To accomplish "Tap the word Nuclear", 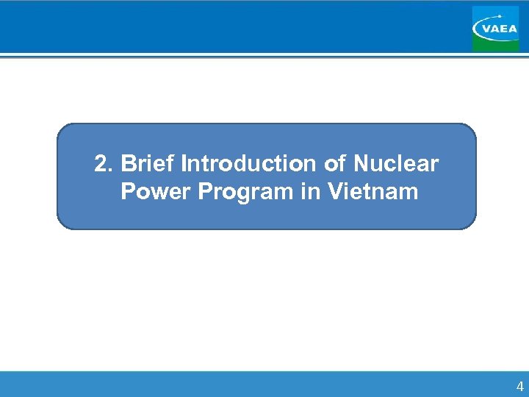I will pyautogui.click(x=396, y=163).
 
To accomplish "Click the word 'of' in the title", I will pyautogui.click(x=336, y=163).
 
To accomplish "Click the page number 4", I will pyautogui.click(x=520, y=387).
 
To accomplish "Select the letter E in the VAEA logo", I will pyautogui.click(x=503, y=29).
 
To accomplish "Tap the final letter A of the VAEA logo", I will pyautogui.click(x=512, y=29).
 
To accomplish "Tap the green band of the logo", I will pyautogui.click(x=495, y=46).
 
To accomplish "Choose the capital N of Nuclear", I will pyautogui.click(x=361, y=163).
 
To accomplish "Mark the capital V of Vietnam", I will pyautogui.click(x=334, y=192).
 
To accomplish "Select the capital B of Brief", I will pyautogui.click(x=128, y=163).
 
